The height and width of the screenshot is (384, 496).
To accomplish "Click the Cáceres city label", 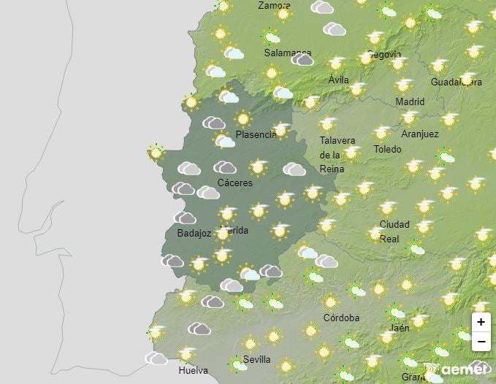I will [x=234, y=183].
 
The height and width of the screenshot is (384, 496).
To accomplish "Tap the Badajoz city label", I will [x=194, y=234].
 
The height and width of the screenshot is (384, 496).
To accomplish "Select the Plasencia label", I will [x=256, y=135].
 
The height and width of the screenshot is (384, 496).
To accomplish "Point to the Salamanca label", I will [x=287, y=53].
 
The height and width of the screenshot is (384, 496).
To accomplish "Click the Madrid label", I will [x=410, y=101].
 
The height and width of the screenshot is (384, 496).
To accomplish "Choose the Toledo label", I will [x=387, y=149].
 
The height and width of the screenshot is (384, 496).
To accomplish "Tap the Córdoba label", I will [x=341, y=318].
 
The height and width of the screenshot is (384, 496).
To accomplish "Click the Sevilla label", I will [x=256, y=359].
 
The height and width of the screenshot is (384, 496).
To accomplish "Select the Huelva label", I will [x=193, y=370].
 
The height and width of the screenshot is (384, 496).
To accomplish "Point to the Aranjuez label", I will [x=420, y=134].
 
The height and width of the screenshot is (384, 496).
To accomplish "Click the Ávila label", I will [x=338, y=80].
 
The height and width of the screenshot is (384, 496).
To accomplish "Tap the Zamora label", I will [x=274, y=6].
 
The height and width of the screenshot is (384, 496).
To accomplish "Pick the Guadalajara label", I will [x=456, y=82].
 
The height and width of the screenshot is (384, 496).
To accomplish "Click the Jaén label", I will [x=400, y=328].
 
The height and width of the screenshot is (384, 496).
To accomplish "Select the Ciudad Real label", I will [x=394, y=231].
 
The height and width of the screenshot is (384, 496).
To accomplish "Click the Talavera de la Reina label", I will [x=337, y=155].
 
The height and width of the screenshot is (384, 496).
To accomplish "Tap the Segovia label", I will [x=384, y=55].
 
